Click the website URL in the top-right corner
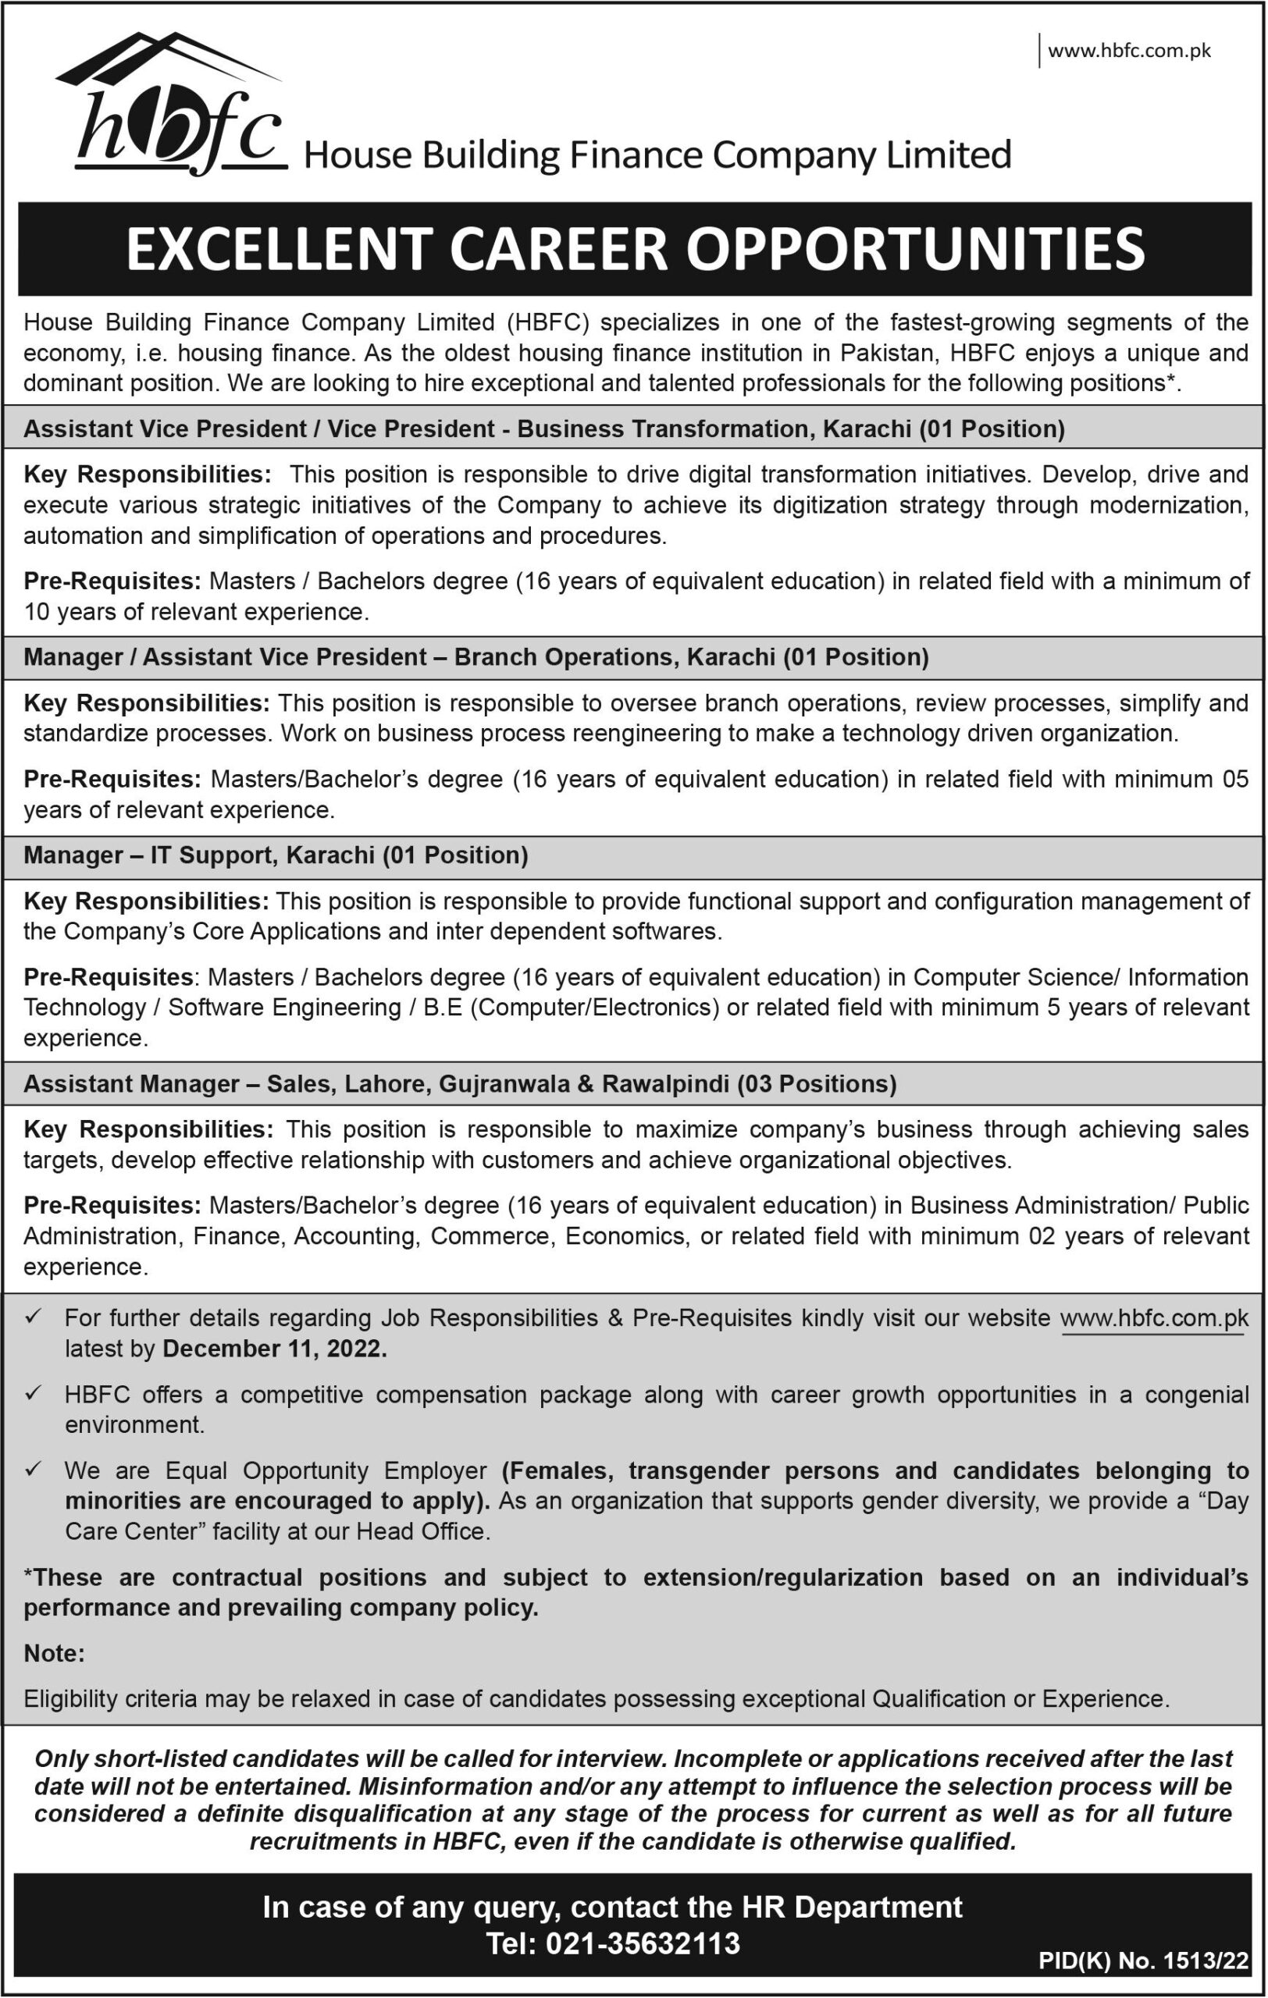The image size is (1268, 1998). point(1128,52)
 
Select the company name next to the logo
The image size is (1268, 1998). point(657,155)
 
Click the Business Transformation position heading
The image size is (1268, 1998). point(543,429)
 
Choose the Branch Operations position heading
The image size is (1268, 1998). point(475,657)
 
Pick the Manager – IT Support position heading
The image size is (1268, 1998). point(276,855)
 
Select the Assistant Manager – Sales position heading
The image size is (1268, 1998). point(460,1083)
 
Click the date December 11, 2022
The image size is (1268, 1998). point(275,1349)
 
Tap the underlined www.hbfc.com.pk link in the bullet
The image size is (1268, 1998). point(1154,1317)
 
